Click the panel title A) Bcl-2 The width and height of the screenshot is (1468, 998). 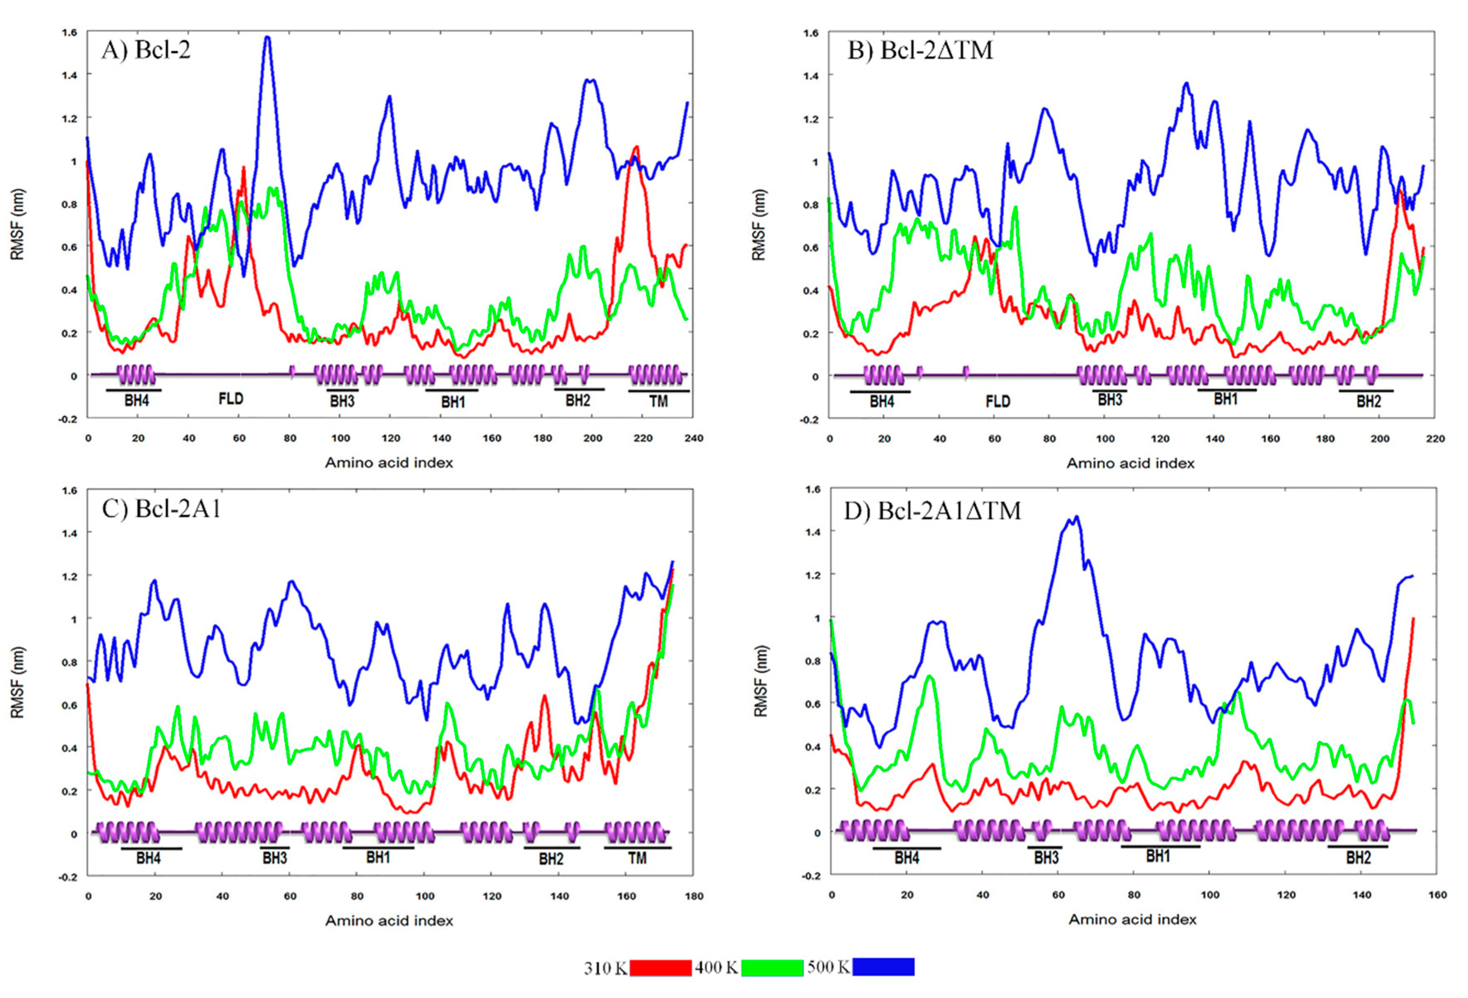pyautogui.click(x=146, y=49)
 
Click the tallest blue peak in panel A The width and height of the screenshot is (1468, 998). pyautogui.click(x=267, y=38)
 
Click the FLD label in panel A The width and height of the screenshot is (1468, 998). pyautogui.click(x=231, y=399)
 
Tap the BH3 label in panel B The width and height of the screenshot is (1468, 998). pyautogui.click(x=1110, y=399)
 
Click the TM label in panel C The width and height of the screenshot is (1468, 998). pyautogui.click(x=637, y=858)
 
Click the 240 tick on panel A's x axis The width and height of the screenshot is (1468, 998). pyautogui.click(x=694, y=438)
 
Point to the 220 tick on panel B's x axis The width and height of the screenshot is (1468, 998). pyautogui.click(x=1435, y=438)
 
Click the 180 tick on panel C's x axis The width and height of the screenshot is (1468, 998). pyautogui.click(x=694, y=896)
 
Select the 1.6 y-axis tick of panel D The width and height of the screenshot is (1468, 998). pyautogui.click(x=813, y=489)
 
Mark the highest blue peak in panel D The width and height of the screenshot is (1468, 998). pyautogui.click(x=1076, y=517)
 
